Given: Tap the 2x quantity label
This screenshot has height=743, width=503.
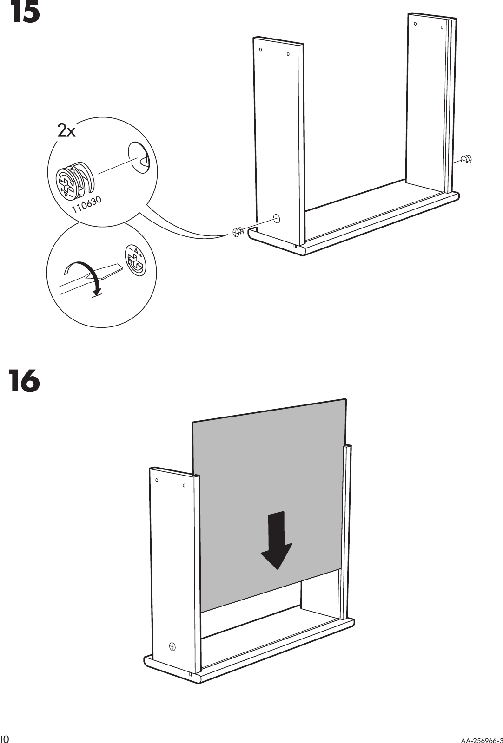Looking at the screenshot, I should [66, 131].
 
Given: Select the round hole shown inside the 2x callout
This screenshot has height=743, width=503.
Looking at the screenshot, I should [138, 158].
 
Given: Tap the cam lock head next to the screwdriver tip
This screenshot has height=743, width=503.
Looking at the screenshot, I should [135, 260].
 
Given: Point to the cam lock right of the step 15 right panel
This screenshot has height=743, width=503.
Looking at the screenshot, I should [466, 159].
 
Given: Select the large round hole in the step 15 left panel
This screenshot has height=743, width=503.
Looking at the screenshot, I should [277, 218].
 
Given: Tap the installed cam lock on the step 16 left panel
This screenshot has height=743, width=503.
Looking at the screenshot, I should [172, 646].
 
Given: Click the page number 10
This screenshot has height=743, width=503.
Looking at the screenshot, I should [6, 738].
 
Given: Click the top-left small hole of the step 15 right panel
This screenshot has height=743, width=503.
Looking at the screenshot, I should [415, 23].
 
